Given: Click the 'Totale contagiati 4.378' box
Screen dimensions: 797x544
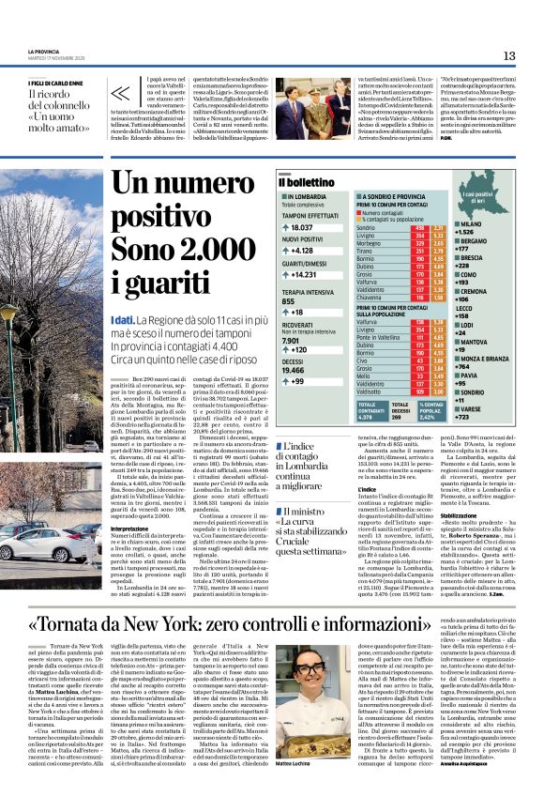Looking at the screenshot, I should click(372, 409).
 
